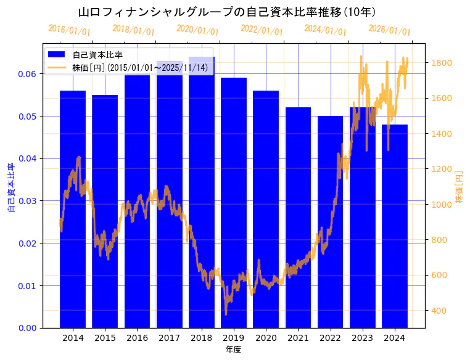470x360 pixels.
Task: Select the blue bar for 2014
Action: [73, 210]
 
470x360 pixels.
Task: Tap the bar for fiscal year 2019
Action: [234, 203]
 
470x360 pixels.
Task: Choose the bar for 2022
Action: [330, 222]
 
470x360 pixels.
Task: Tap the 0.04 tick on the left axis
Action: [27, 158]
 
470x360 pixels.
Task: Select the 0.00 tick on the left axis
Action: [27, 328]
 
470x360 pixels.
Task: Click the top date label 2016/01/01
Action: [69, 30]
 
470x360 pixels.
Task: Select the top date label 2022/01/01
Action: [262, 30]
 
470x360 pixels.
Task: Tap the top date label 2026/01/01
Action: [390, 30]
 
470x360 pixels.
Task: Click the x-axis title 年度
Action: [233, 350]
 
